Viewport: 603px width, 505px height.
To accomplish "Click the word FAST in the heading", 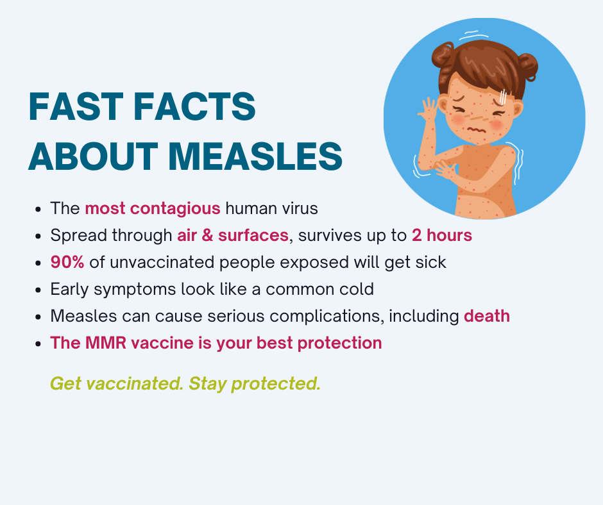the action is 76,106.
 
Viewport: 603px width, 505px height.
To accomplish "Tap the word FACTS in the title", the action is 194,106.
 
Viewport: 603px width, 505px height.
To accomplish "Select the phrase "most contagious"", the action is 152,209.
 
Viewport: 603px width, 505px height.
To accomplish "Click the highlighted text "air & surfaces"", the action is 233,235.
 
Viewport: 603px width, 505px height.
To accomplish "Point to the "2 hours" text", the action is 442,235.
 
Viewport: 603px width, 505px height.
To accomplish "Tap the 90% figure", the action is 67,262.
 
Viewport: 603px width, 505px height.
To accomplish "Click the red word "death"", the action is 487,316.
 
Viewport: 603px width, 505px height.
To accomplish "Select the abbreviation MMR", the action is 106,343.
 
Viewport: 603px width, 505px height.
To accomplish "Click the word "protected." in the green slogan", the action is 276,384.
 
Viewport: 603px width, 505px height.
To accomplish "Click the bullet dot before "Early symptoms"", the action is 38,290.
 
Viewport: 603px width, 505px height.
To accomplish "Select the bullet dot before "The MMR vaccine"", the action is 38,344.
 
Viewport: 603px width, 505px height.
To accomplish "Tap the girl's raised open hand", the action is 428,108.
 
